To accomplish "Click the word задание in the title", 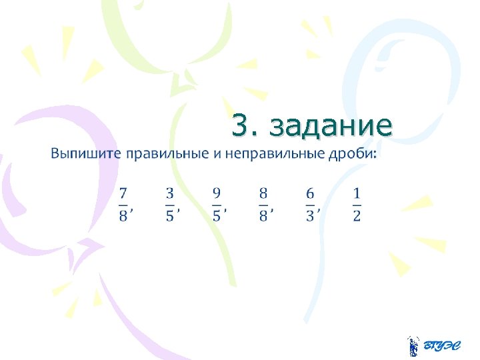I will click(332, 125).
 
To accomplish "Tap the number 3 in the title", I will click(242, 125).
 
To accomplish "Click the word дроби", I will click(352, 154).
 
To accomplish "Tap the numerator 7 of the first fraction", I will click(123, 193).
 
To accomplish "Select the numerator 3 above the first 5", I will click(170, 193).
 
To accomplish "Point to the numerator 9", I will click(217, 193).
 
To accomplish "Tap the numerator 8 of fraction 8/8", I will click(263, 193).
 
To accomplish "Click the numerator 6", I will click(310, 193).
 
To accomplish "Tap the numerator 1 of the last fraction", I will click(357, 193).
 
